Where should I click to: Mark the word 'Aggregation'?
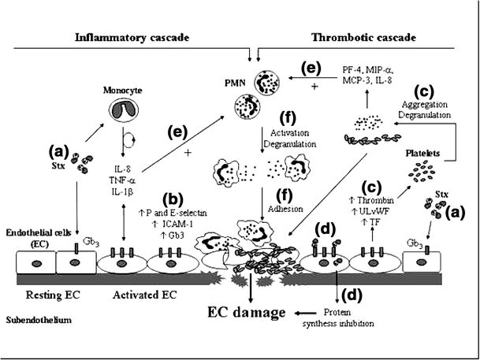click(428, 104)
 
